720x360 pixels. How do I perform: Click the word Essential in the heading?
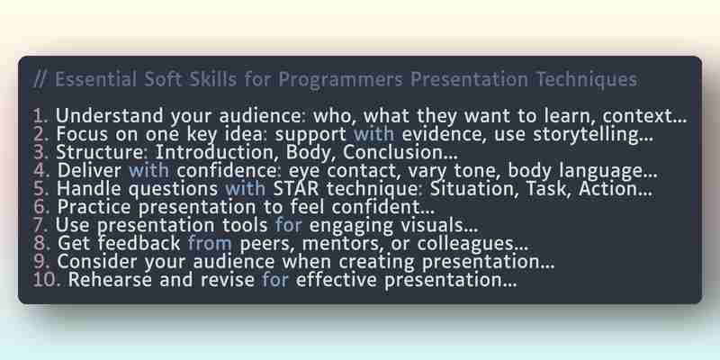95,79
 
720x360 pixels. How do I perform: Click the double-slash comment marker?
39,79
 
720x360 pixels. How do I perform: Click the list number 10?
47,280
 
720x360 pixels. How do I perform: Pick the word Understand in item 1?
109,116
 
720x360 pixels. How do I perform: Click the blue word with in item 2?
373,134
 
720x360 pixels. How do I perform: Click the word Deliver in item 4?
89,171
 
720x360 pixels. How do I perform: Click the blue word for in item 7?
288,225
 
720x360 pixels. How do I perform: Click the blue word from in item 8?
210,243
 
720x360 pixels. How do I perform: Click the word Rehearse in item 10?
110,280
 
